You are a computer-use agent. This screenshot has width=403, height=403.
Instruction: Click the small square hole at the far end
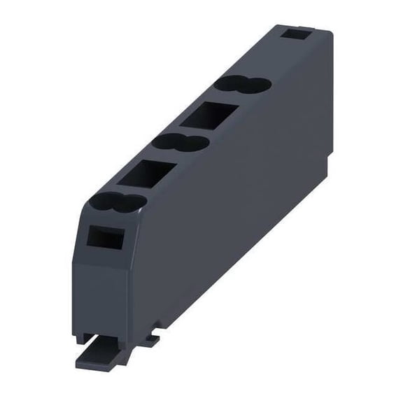pos(297,34)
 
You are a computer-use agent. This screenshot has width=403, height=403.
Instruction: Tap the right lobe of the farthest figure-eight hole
pos(257,85)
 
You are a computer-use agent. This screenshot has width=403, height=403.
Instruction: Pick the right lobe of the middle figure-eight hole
pos(195,143)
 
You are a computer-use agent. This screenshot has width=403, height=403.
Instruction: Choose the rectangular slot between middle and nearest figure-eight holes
pos(147,174)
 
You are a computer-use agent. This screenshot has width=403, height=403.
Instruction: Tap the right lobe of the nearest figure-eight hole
pos(132,202)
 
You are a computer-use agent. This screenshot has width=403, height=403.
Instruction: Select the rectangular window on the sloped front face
pos(104,239)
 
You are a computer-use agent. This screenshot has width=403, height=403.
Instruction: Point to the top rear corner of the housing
pos(329,29)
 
